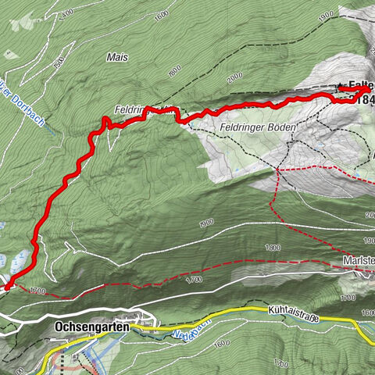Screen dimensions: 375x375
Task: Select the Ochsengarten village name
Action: click(x=92, y=327)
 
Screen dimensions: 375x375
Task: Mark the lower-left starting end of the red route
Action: click(x=6, y=287)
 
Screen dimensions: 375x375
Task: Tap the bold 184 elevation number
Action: click(x=363, y=100)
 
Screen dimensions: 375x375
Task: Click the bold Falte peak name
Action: click(x=360, y=85)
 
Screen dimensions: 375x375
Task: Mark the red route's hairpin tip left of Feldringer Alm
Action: click(x=105, y=119)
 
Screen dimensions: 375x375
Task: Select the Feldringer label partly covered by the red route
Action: click(x=134, y=111)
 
